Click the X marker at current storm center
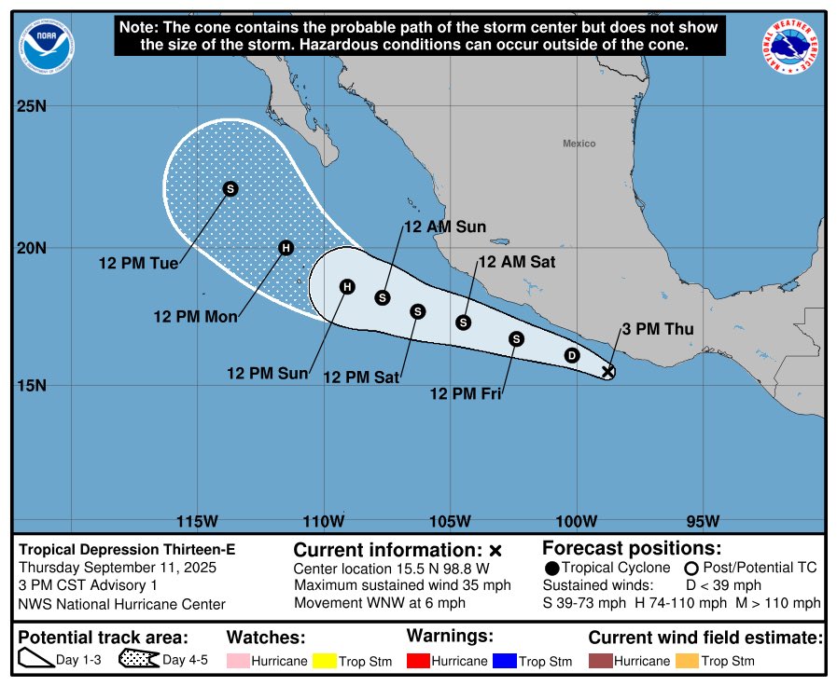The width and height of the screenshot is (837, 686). tap(608, 372)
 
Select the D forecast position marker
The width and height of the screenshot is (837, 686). tap(572, 355)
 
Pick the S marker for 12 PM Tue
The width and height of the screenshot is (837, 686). tap(230, 188)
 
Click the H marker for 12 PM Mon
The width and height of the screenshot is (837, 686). tap(286, 248)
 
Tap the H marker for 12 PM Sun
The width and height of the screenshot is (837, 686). tap(347, 286)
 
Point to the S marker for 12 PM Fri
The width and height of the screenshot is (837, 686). tap(517, 339)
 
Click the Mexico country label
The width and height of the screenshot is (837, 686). tap(579, 144)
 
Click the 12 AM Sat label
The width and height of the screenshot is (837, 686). tap(516, 262)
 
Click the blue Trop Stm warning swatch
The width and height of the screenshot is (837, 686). tap(505, 661)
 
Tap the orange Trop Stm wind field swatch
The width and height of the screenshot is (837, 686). tap(688, 661)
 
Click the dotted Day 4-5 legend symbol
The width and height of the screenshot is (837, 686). tap(139, 660)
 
